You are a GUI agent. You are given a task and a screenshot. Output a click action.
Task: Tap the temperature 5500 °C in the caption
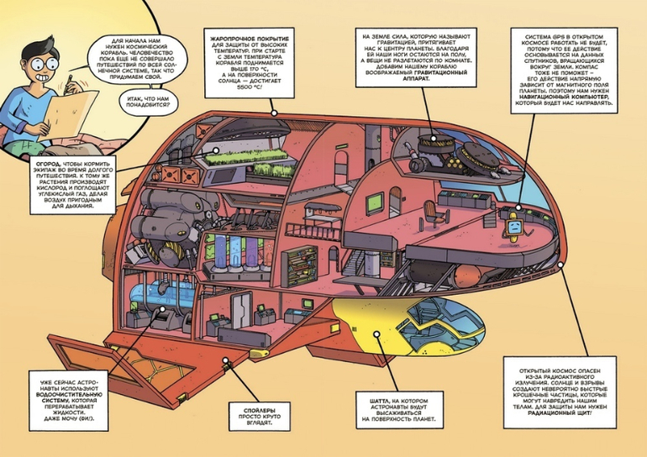click(240, 87)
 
